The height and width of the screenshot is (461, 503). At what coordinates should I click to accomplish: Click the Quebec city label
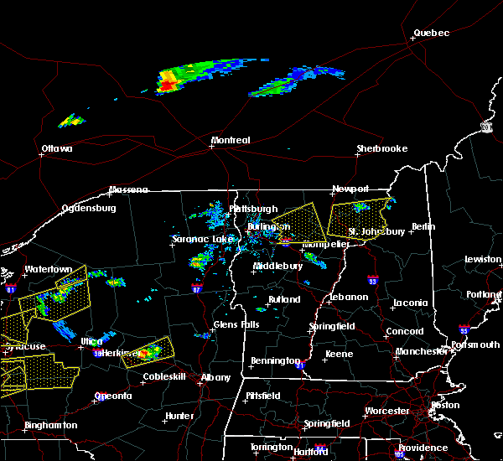(431, 34)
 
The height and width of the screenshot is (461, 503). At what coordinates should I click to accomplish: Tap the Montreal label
(230, 140)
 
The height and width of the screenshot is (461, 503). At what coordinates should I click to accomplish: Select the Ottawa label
(57, 149)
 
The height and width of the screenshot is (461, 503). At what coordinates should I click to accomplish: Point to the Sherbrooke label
(381, 148)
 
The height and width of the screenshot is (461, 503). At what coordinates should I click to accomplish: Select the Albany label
(216, 377)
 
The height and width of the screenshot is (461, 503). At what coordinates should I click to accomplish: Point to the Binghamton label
(50, 425)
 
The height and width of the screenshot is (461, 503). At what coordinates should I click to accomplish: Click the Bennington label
(275, 361)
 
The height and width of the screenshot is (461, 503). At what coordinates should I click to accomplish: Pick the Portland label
(485, 293)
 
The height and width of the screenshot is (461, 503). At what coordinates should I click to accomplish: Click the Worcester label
(387, 411)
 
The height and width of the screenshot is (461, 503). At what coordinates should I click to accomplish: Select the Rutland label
(283, 299)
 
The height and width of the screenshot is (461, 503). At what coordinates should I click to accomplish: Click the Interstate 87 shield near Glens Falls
(196, 287)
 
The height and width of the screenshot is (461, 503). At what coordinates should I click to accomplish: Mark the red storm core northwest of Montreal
(167, 85)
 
